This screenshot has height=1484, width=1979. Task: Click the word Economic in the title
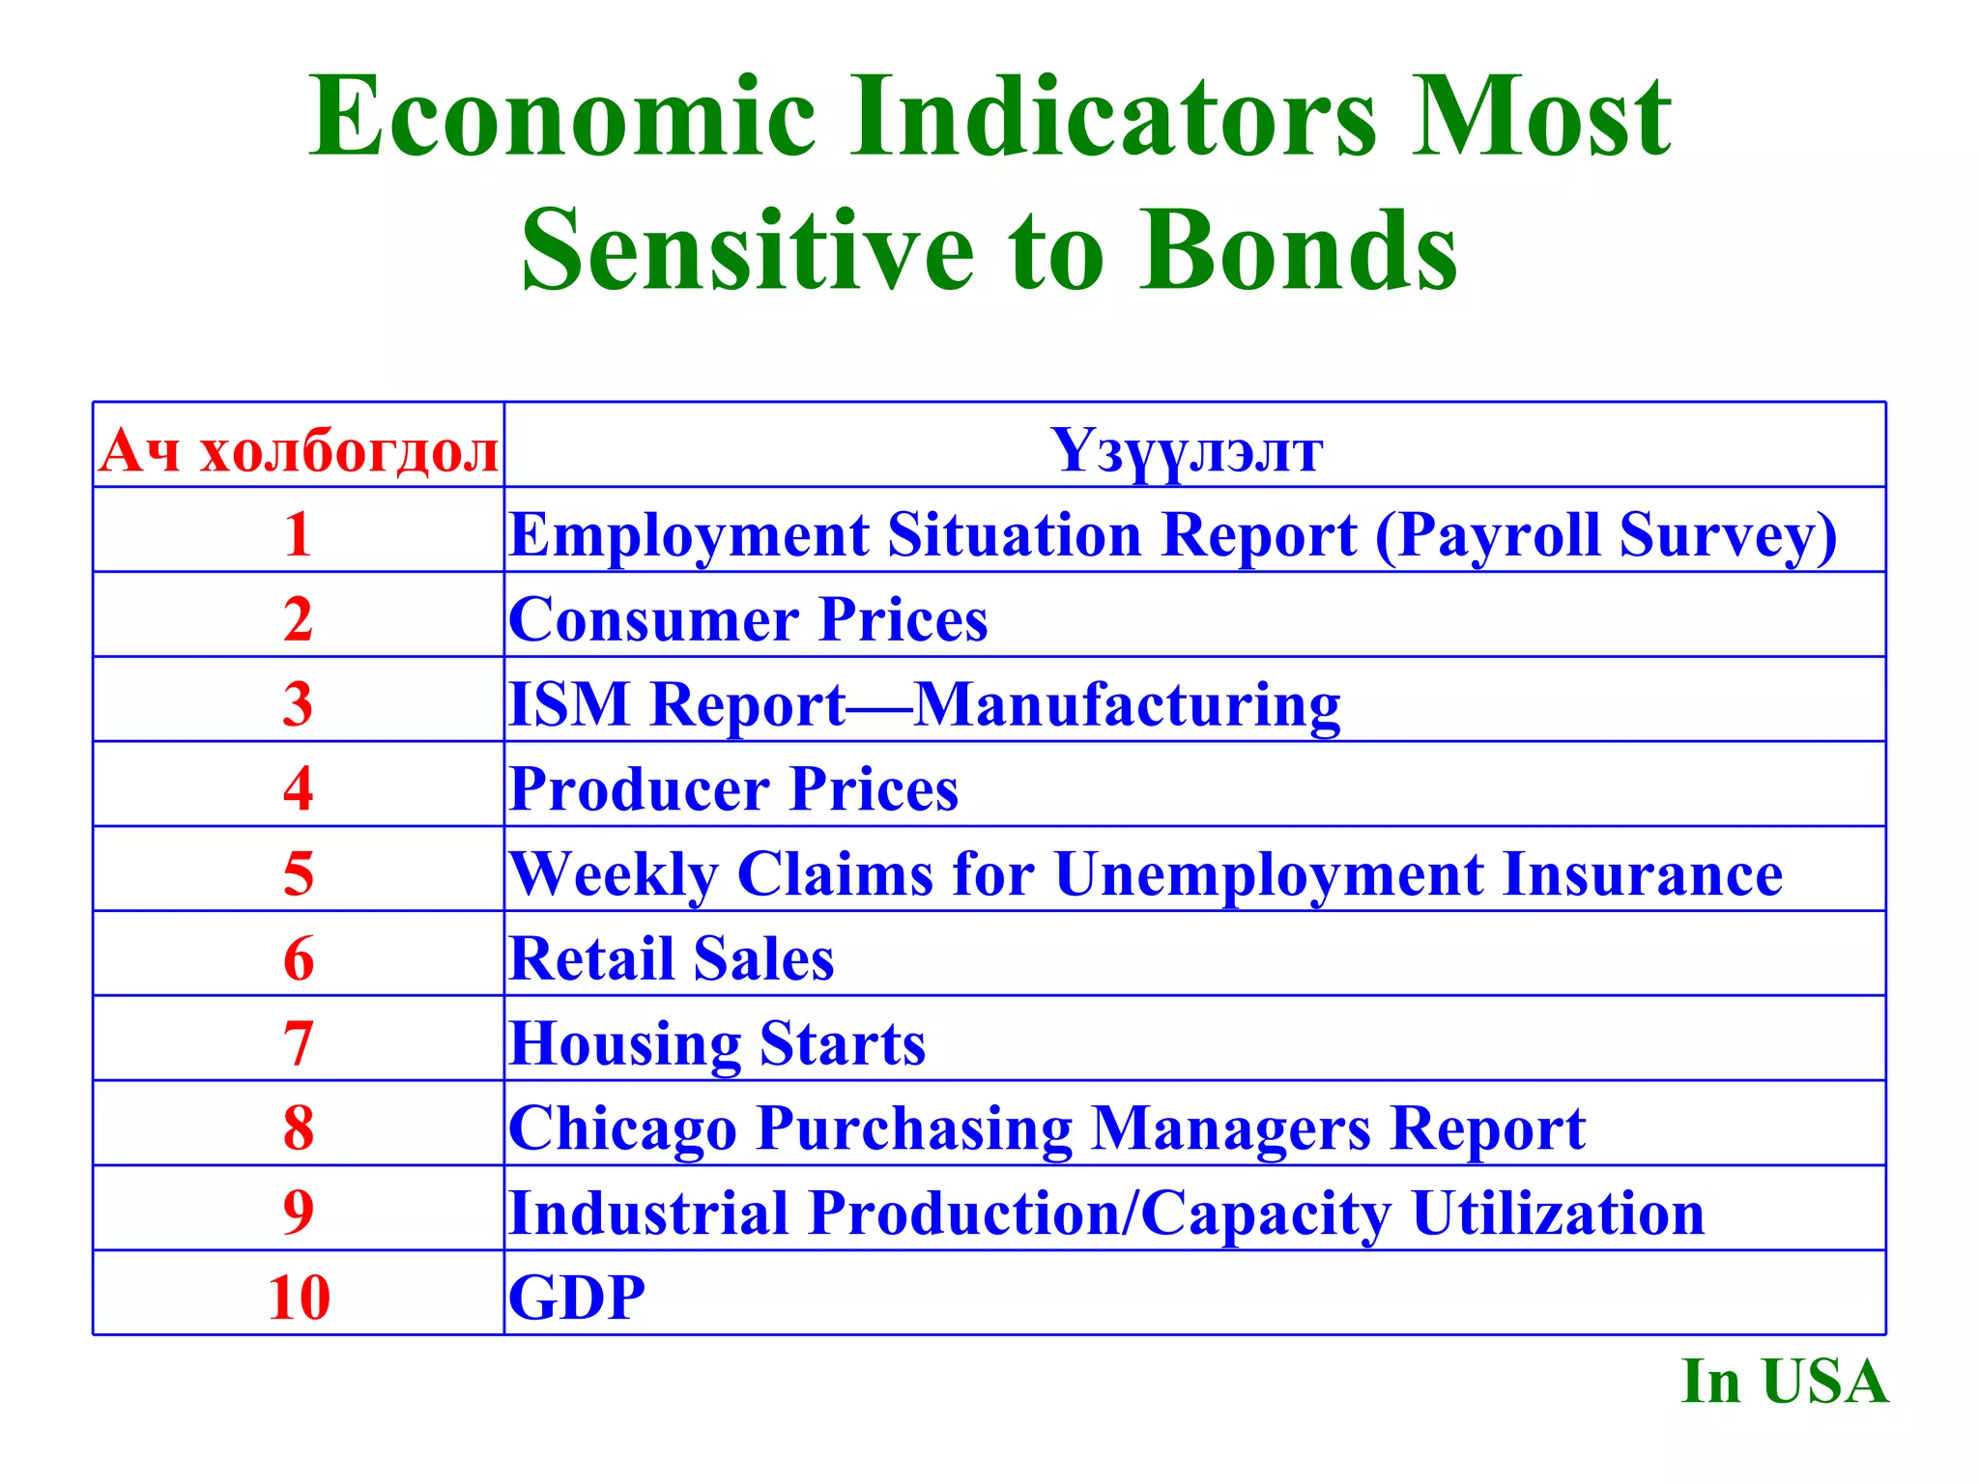562,118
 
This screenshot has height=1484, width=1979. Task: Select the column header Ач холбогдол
299,450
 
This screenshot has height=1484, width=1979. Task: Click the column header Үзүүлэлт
1187,450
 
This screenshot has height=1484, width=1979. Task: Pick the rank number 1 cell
299,534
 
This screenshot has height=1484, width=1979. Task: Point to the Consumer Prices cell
748,619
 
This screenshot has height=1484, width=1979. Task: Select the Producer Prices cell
733,789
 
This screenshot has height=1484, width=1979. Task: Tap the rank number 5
299,873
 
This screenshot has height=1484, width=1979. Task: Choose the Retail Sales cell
671,958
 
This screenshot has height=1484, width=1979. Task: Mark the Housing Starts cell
717,1043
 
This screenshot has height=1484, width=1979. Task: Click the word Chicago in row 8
622,1128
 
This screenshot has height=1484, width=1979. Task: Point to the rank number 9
299,1213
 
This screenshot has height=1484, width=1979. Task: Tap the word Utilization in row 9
1558,1213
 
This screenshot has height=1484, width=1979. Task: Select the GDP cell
577,1298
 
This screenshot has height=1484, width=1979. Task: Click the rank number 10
299,1298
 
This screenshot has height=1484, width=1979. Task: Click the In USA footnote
1784,1382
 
